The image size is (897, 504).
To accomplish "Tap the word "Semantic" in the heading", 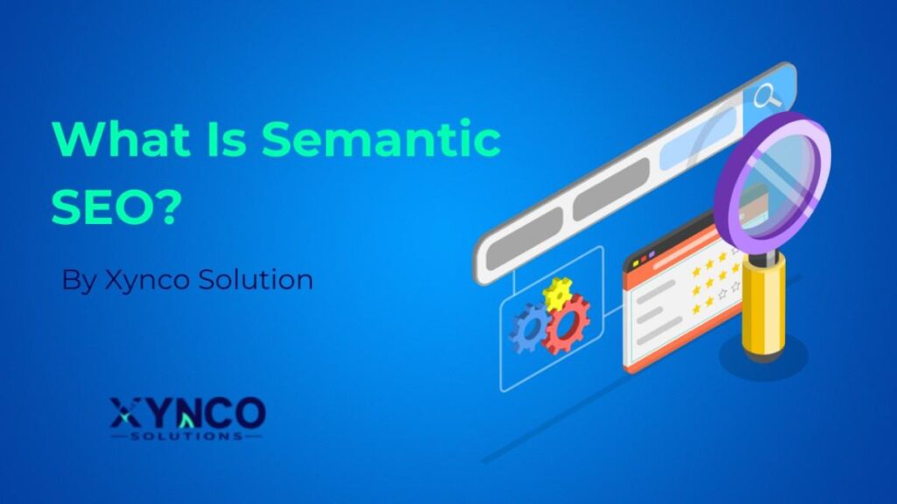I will (382, 141).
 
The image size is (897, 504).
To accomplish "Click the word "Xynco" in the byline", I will (142, 281).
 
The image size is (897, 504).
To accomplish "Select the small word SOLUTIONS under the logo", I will (187, 435).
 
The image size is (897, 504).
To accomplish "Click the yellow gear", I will (558, 294).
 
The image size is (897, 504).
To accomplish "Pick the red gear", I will (567, 325).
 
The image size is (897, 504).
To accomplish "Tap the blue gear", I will (528, 328).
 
